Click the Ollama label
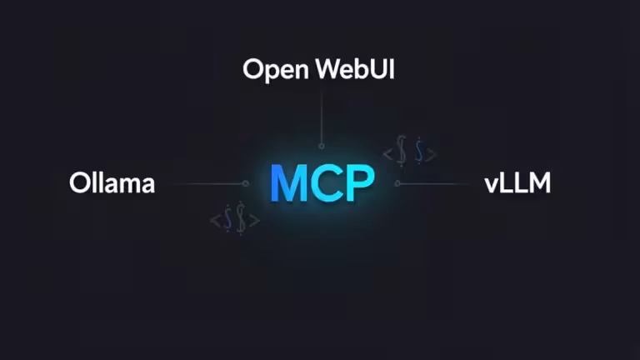pos(112,183)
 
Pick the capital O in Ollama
pos(79,183)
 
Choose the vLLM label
pos(517,183)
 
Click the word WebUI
pos(356,69)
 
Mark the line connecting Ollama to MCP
pos(208,183)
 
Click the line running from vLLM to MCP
pos(433,183)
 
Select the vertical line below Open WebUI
pos(322,117)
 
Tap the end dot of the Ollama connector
pos(246,183)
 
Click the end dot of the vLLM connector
pos(397,183)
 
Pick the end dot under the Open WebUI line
pos(322,146)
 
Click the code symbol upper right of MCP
pos(409,153)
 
